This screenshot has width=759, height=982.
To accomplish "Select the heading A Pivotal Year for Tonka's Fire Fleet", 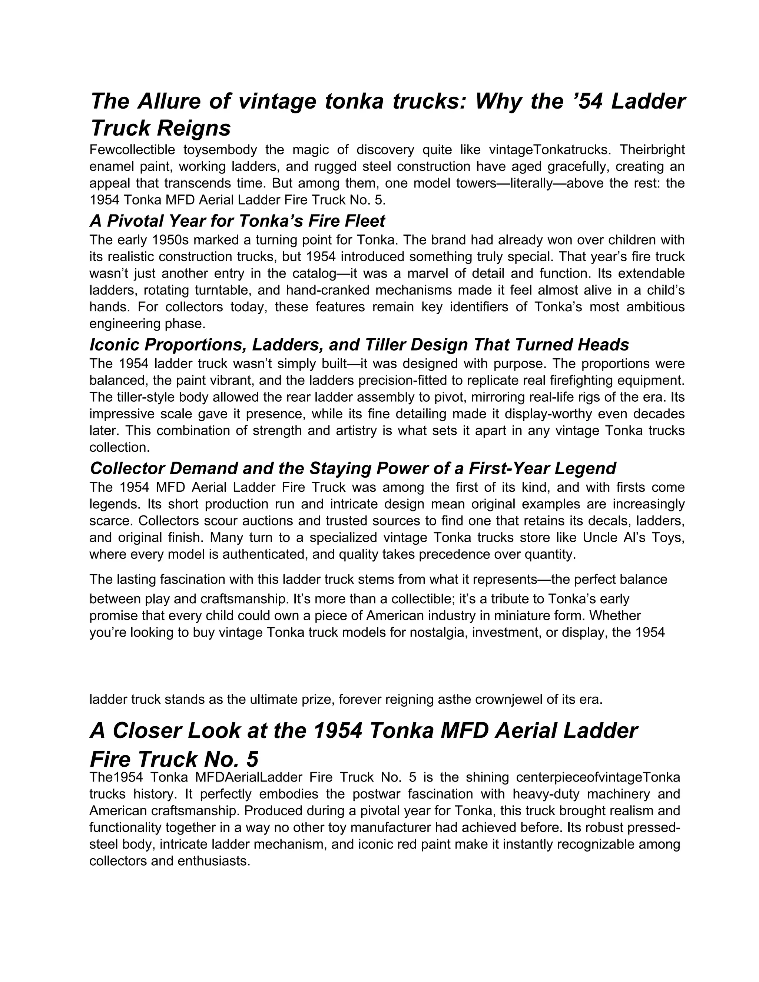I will coord(238,221).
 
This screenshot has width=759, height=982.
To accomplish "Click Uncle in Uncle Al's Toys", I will coord(601,538).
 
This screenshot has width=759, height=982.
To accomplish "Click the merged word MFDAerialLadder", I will coord(249,778).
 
